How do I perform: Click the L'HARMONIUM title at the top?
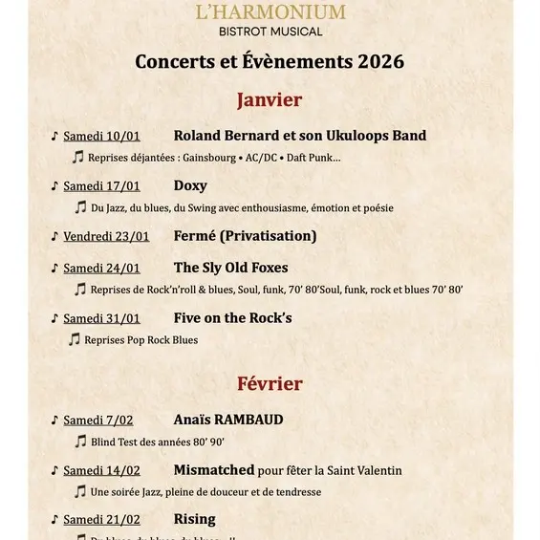coord(270,12)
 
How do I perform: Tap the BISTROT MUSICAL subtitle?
coord(270,32)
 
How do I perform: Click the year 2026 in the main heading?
coord(380,62)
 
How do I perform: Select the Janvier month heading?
coord(270,99)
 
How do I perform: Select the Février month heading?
coord(270,383)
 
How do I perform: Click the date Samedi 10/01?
coord(101,136)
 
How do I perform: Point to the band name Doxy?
coord(190,185)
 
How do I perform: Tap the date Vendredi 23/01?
coord(106,236)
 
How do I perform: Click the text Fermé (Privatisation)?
coord(245,236)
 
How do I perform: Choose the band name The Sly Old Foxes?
coord(230,268)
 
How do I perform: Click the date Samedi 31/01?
coord(101,318)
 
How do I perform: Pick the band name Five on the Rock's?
coord(232,317)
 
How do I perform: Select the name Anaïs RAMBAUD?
coord(228,420)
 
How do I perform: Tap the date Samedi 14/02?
coord(101,470)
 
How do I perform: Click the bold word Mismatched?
coord(214,470)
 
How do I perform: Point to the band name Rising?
coord(194,520)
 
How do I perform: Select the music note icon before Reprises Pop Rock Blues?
coord(74,339)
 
